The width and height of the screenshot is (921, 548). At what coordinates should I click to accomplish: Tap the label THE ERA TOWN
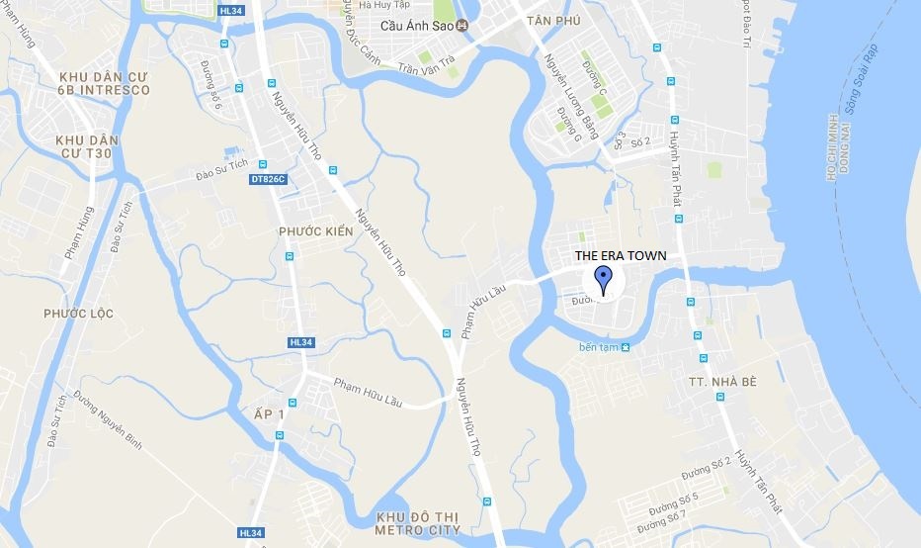pyautogui.click(x=621, y=255)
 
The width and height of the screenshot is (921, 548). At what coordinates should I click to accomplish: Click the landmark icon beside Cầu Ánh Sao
pyautogui.click(x=460, y=27)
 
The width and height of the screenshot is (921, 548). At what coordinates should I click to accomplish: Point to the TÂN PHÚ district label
pyautogui.click(x=551, y=21)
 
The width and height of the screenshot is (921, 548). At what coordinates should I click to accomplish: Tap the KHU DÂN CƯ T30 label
pyautogui.click(x=87, y=146)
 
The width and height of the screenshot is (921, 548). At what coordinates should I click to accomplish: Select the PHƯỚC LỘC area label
pyautogui.click(x=78, y=314)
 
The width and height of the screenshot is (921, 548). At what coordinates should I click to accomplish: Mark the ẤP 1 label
pyautogui.click(x=268, y=414)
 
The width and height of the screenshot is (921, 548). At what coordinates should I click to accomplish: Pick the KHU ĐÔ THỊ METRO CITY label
pyautogui.click(x=420, y=523)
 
